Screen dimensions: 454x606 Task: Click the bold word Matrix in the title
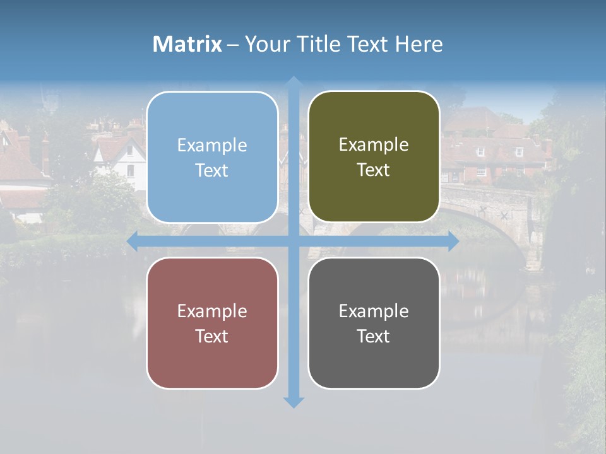pos(187,44)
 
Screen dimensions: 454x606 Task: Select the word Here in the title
pos(419,44)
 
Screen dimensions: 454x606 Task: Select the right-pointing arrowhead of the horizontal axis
pos(453,241)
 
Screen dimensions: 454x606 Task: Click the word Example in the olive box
pos(374,145)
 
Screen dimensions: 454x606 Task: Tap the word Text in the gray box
pos(374,336)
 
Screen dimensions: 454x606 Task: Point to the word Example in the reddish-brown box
pos(212,311)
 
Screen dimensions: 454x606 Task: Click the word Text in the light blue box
pos(212,170)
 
